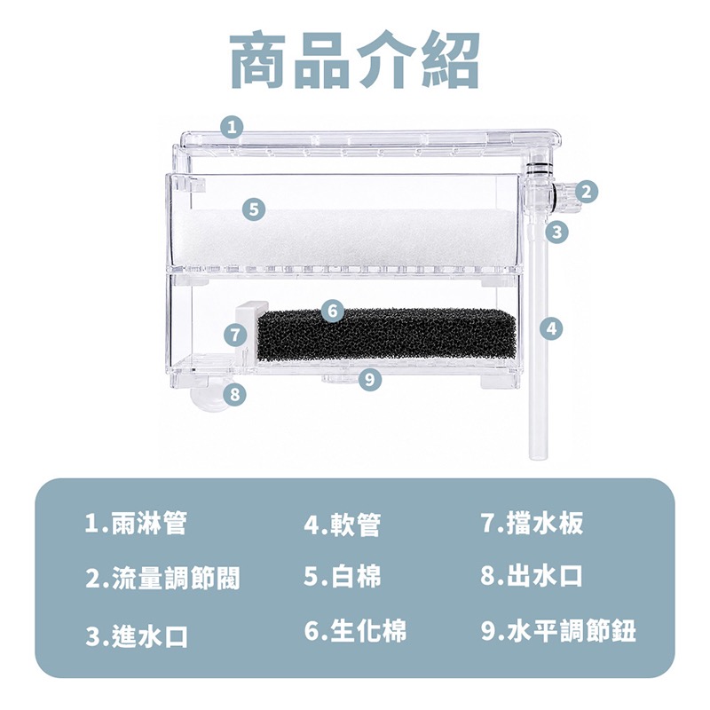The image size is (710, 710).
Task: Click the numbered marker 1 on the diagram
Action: coord(233,127)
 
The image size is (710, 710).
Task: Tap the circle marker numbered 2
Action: coord(587,192)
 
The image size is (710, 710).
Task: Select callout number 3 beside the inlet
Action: coord(557,233)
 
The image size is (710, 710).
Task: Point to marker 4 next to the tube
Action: coord(551,328)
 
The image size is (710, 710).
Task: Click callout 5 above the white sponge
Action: coord(254,209)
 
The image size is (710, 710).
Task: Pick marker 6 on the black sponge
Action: coord(333,312)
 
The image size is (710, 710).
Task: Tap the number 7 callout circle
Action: coord(235,335)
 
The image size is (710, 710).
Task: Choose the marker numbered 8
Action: coord(234,394)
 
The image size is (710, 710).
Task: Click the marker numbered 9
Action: coord(369,380)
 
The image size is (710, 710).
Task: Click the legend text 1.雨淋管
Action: coord(136,524)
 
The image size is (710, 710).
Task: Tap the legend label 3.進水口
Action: coord(137,635)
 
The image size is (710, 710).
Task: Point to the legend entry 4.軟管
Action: coord(343,525)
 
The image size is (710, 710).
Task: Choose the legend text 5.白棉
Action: coord(343,576)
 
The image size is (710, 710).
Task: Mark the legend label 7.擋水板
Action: coord(532,523)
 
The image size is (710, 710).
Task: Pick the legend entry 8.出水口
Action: coord(532,576)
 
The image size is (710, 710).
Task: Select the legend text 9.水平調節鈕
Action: coord(559,630)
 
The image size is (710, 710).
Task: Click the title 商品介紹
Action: coord(354,59)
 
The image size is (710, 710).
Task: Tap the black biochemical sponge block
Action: coord(386,335)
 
